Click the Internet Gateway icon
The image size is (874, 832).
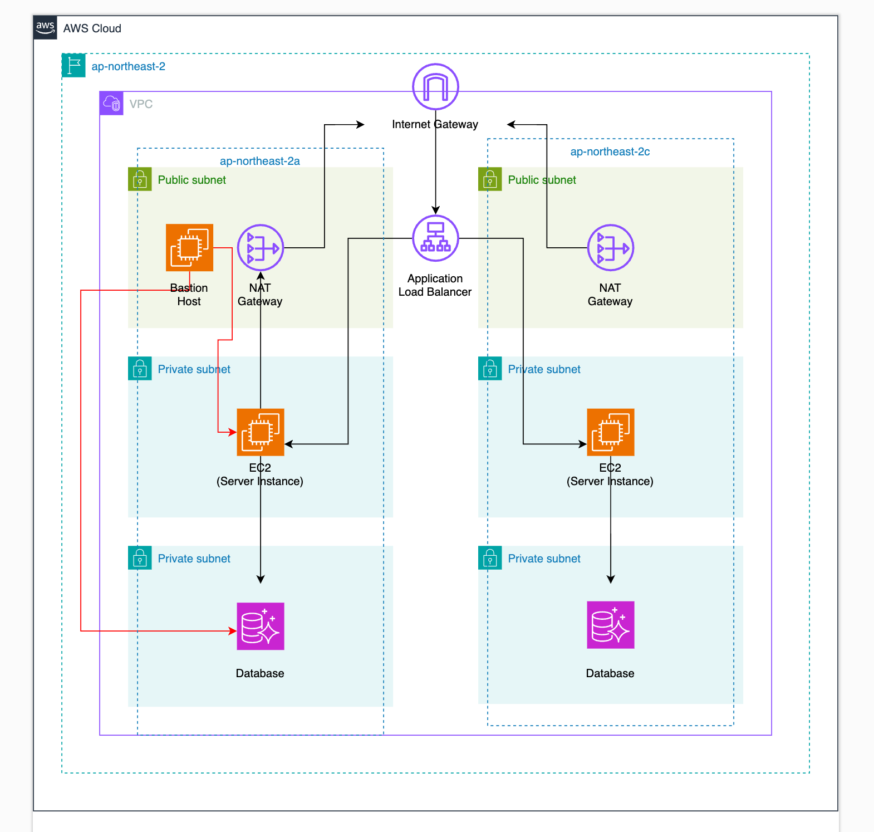pos(435,87)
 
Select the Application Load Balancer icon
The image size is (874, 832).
pos(435,238)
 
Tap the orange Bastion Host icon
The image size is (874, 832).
pos(189,247)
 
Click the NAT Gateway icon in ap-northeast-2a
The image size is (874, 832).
pos(261,247)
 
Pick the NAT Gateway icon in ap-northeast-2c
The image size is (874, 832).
pos(611,247)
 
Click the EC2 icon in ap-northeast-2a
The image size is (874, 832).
pos(261,432)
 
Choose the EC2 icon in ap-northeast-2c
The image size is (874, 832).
pos(611,432)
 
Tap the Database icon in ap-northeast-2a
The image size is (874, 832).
pos(261,626)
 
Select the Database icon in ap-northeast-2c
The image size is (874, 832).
pos(611,625)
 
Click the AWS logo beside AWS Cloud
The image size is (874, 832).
pos(45,27)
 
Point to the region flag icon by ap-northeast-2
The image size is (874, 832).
pos(73,66)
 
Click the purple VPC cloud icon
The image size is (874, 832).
pos(112,104)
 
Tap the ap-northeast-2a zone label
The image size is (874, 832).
pos(259,161)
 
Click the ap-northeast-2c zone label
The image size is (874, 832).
pos(610,151)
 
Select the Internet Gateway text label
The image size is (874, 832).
pos(435,124)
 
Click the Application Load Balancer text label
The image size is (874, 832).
pos(435,285)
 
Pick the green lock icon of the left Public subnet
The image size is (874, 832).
pos(140,179)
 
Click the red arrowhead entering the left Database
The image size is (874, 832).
pos(233,631)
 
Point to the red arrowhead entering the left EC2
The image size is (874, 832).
pos(233,432)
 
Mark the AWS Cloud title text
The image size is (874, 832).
pos(92,28)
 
